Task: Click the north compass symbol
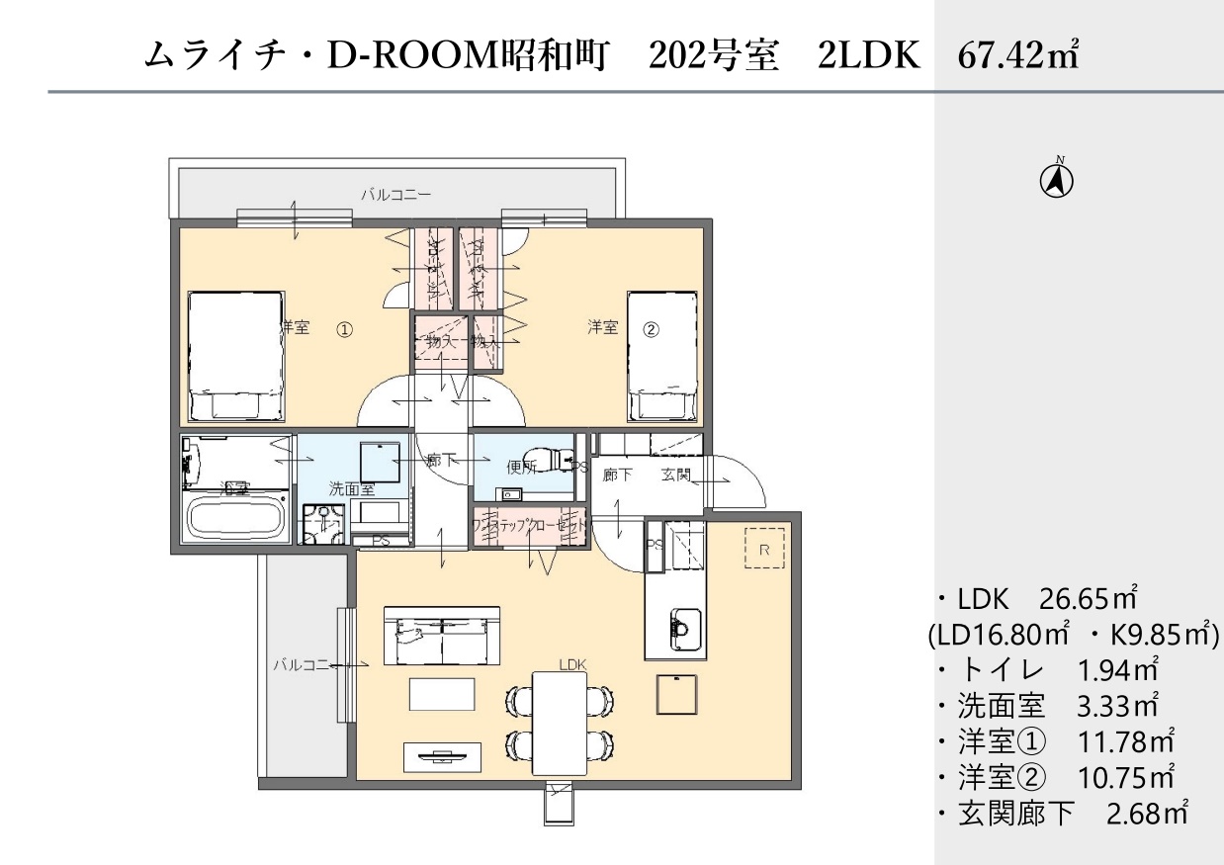[x=1056, y=180]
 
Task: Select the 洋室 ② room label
[x=622, y=328]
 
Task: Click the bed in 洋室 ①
[x=236, y=356]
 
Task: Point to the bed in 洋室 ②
[x=663, y=356]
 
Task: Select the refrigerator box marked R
[x=764, y=548]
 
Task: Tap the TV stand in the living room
[x=443, y=756]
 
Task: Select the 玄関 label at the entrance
[x=675, y=476]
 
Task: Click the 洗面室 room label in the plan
[x=351, y=487]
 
